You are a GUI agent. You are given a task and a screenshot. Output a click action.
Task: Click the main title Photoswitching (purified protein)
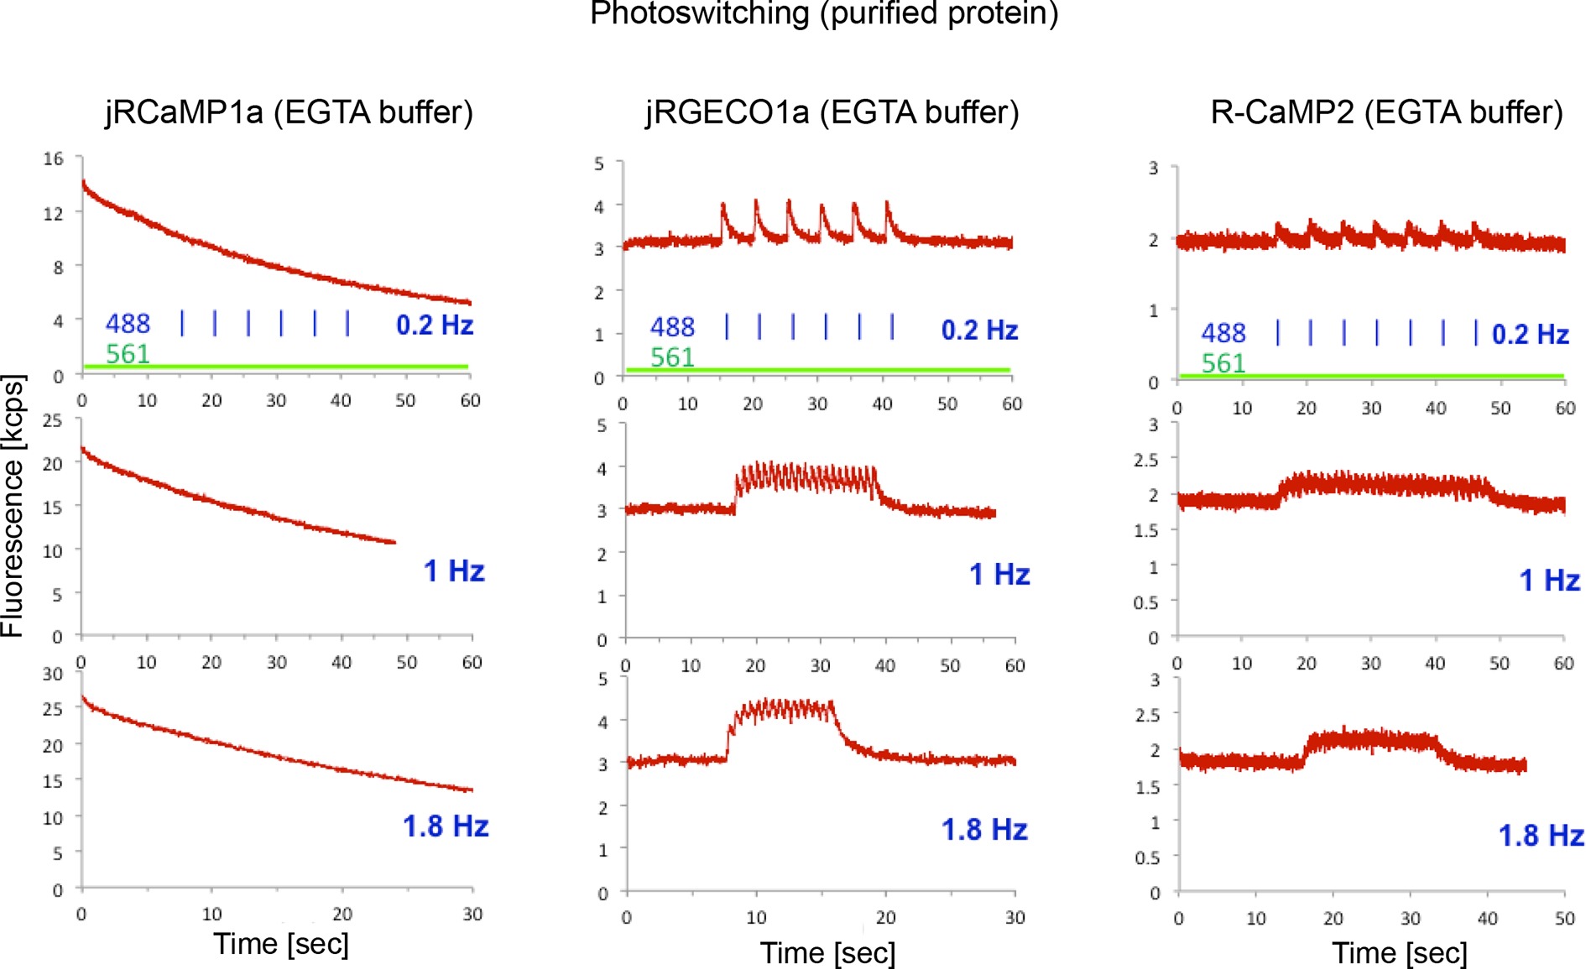point(824,13)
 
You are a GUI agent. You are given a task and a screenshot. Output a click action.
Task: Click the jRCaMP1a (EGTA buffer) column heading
point(290,112)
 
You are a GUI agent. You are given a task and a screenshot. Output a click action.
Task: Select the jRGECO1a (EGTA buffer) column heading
point(832,112)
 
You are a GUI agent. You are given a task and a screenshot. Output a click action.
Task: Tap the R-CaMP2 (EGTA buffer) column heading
point(1386,112)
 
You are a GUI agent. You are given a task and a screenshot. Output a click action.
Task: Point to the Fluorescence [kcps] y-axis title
point(13,506)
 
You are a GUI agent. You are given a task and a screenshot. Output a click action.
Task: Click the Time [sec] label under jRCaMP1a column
point(280,944)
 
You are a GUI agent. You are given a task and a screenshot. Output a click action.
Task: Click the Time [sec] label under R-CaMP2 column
point(1400,953)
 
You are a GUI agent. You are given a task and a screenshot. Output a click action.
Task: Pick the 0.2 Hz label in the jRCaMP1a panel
point(435,325)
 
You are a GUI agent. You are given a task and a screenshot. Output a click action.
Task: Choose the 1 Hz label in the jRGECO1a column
point(999,575)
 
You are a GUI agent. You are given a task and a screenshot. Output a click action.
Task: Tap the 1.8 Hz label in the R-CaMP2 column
point(1541,836)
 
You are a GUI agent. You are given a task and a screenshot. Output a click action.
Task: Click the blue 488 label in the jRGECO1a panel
point(672,326)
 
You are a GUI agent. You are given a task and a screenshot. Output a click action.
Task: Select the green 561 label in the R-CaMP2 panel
point(1223,363)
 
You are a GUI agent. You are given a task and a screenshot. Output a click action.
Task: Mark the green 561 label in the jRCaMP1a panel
point(128,354)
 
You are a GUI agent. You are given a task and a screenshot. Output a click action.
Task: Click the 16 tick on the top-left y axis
point(54,159)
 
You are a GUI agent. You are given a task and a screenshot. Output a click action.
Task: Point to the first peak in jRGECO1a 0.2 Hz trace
point(723,204)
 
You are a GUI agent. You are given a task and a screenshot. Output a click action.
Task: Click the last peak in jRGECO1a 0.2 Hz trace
point(887,202)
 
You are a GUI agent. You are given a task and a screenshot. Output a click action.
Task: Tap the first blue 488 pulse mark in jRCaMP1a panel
point(182,322)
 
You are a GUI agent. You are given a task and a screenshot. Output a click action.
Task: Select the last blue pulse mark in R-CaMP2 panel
point(1476,332)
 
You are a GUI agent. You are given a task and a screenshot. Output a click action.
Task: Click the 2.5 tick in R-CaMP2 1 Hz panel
point(1145,460)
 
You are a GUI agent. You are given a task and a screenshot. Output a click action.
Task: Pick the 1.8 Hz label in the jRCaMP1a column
point(446,826)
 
